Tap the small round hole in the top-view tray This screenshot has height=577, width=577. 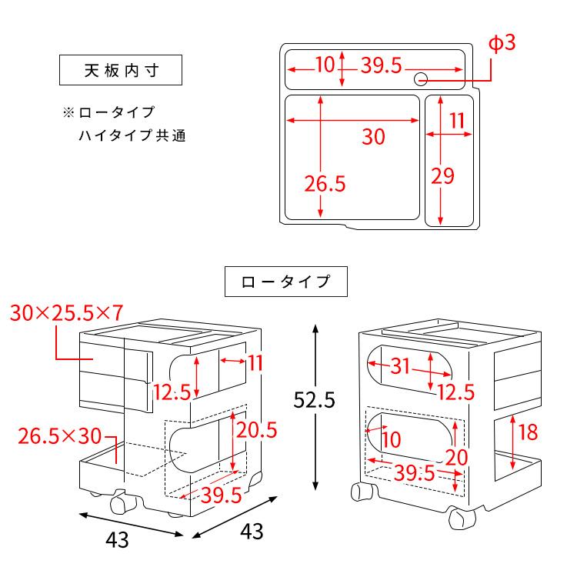tap(421, 78)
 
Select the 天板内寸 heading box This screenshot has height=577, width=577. tap(121, 71)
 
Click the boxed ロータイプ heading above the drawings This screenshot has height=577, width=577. tap(285, 282)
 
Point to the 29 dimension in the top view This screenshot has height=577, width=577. tap(442, 176)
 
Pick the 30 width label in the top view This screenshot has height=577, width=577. tap(373, 137)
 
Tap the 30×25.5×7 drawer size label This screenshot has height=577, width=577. tap(68, 312)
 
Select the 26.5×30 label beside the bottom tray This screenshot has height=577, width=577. tap(59, 436)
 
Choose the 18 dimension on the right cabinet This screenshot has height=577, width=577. tap(528, 432)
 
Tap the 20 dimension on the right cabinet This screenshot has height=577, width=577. tap(457, 457)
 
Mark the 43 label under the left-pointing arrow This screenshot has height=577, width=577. tap(116, 540)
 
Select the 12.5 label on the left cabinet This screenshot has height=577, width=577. tap(172, 392)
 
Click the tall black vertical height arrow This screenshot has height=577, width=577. tap(315, 408)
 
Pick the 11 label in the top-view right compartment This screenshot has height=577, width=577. tap(458, 120)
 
